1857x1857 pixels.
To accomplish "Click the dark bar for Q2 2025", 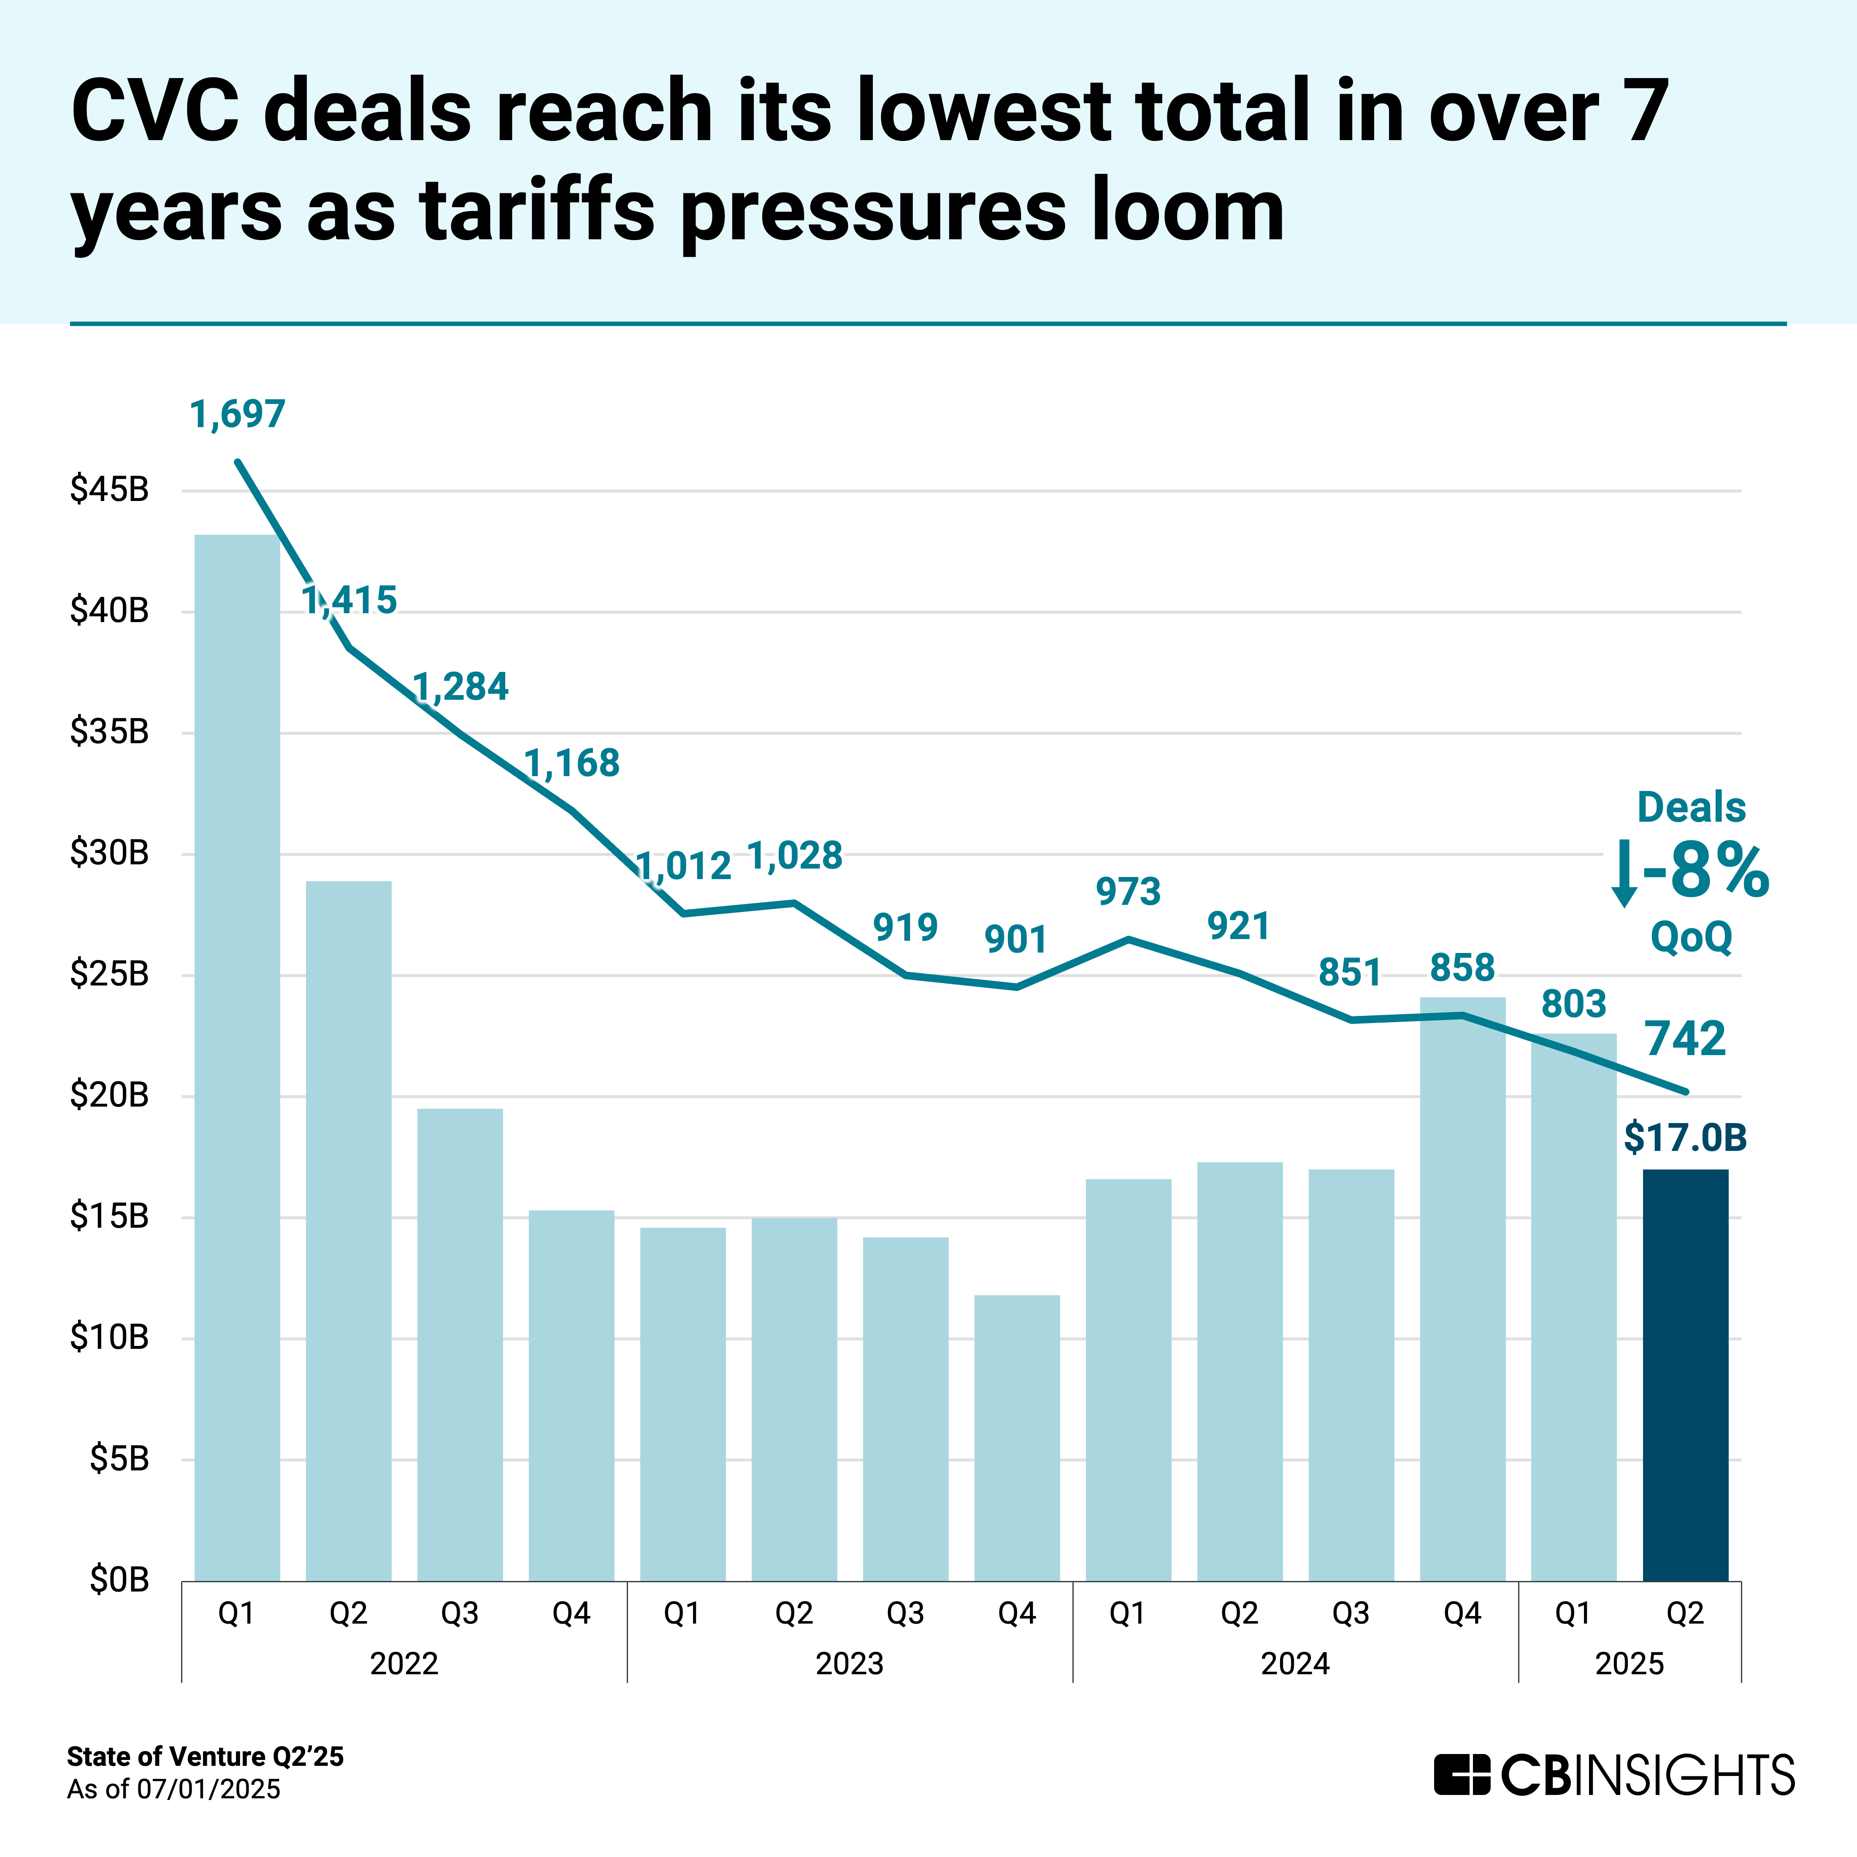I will tap(1685, 1375).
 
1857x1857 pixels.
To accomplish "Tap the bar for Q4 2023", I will tap(1017, 1437).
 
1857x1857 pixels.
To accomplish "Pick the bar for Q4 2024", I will tap(1462, 1288).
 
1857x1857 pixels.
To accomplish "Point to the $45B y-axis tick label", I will tap(110, 490).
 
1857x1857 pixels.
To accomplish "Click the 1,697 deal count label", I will tap(238, 414).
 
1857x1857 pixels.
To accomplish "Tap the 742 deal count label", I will tap(1685, 1039).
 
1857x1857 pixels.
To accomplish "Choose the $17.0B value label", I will tap(1685, 1137).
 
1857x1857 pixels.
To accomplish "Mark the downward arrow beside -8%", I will tap(1624, 873).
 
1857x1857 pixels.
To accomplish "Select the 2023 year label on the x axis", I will tap(850, 1664).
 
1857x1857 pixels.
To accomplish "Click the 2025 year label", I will tap(1629, 1664).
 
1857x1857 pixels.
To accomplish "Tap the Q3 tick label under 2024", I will tap(1351, 1613).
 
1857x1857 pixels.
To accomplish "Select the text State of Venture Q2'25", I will tap(205, 1757).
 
